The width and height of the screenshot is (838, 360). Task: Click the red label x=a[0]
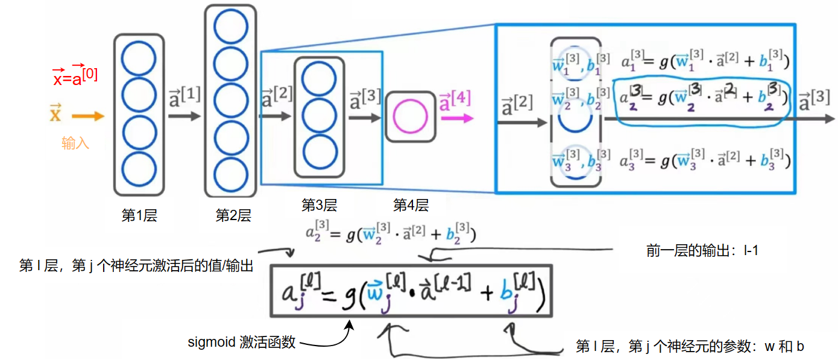pos(75,75)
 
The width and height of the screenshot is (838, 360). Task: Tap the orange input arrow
pos(87,116)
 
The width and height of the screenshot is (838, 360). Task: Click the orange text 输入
pos(75,144)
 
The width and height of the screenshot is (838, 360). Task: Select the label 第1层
pos(139,216)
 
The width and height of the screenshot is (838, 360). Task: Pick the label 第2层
pos(233,216)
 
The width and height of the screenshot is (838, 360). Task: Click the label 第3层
pos(319,206)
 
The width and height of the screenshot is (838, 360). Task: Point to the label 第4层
pos(411,206)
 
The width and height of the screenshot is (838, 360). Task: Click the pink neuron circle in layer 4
pos(410,116)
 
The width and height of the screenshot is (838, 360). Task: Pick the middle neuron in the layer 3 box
pos(319,115)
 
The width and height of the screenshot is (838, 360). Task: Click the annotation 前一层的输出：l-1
pos(702,250)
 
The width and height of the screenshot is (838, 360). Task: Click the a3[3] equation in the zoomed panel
pos(705,160)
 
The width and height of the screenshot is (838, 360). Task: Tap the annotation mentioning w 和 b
pos(690,347)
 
